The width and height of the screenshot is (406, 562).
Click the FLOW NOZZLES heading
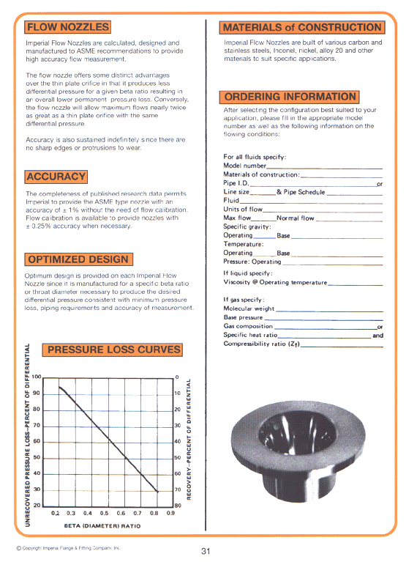click(67, 28)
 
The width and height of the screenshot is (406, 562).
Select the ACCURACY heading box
click(56, 177)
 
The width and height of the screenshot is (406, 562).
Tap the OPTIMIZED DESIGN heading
click(78, 259)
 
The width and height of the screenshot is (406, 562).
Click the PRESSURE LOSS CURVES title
click(113, 350)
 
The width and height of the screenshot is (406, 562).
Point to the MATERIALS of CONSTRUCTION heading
click(302, 28)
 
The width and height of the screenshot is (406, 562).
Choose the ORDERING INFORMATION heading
click(290, 97)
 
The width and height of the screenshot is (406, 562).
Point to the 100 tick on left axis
click(36, 377)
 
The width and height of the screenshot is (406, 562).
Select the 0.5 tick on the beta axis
click(104, 513)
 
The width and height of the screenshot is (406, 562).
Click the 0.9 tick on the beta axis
click(170, 513)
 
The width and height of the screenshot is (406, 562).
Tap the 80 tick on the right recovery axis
click(177, 506)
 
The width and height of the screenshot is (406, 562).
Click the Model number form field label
click(244, 166)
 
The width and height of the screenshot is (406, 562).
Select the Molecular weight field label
click(249, 309)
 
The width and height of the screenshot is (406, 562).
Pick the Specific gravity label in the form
click(249, 227)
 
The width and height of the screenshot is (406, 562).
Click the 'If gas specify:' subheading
click(244, 300)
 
